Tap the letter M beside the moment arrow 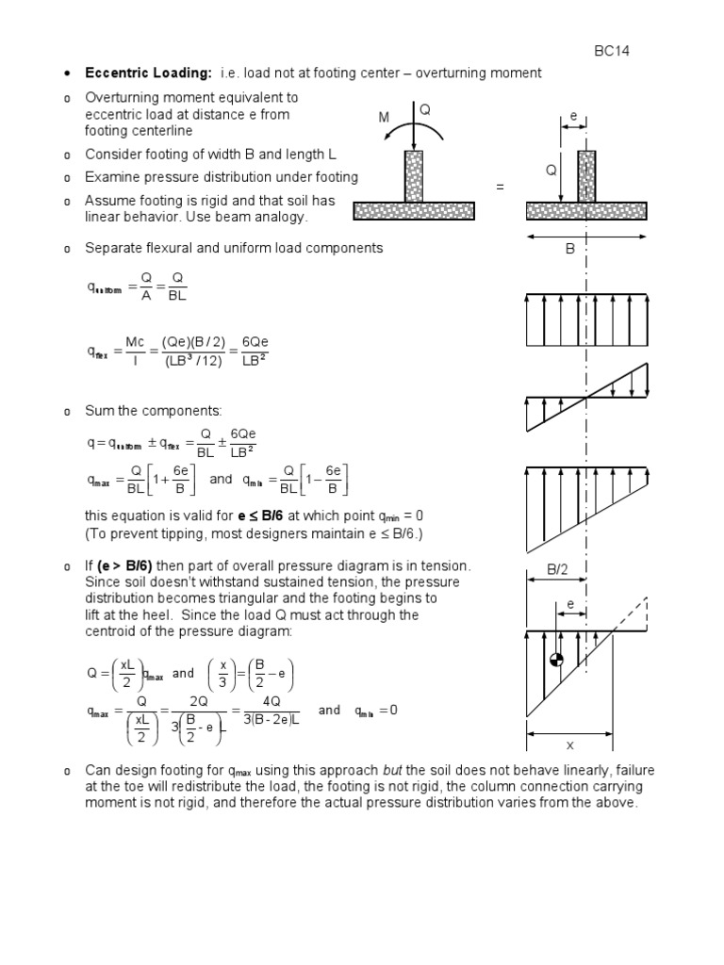pyautogui.click(x=384, y=117)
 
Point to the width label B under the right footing pyautogui.click(x=569, y=251)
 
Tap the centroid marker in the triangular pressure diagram pyautogui.click(x=556, y=661)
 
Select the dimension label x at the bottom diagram pyautogui.click(x=569, y=745)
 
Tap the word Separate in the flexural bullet pyautogui.click(x=112, y=248)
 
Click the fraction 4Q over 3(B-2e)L pyautogui.click(x=267, y=713)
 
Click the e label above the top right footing pyautogui.click(x=574, y=117)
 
